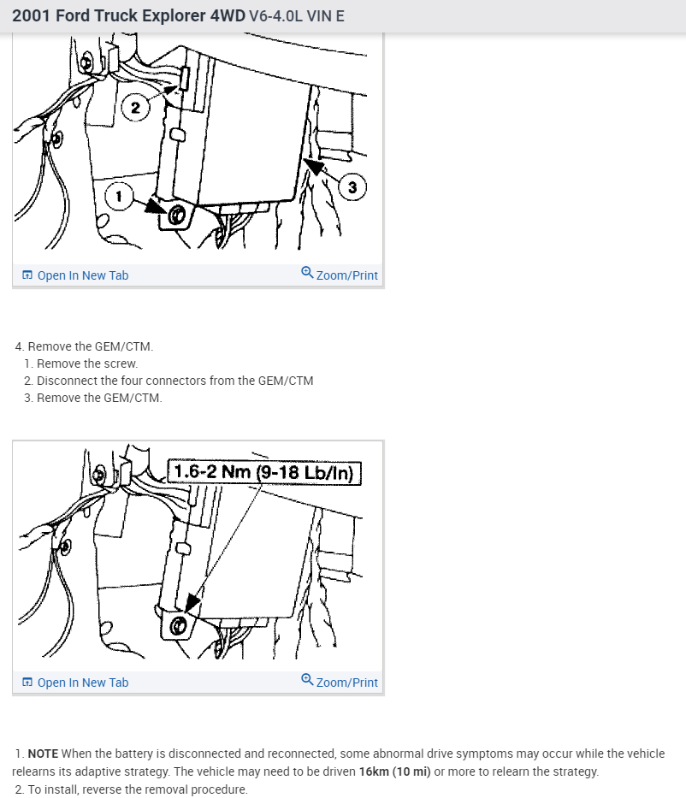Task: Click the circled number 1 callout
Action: [119, 196]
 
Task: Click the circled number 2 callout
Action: [135, 108]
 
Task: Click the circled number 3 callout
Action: [352, 187]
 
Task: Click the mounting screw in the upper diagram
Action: [176, 216]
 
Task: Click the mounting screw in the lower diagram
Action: [178, 625]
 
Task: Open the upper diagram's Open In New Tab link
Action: [75, 275]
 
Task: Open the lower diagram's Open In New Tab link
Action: [75, 683]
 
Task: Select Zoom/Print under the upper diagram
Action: [340, 275]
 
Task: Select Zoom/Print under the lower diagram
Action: [340, 682]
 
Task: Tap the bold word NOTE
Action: [43, 754]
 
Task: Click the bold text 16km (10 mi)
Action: [395, 771]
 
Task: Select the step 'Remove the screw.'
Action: [87, 364]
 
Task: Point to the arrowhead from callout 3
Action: [313, 166]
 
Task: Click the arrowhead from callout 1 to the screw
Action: [155, 206]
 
